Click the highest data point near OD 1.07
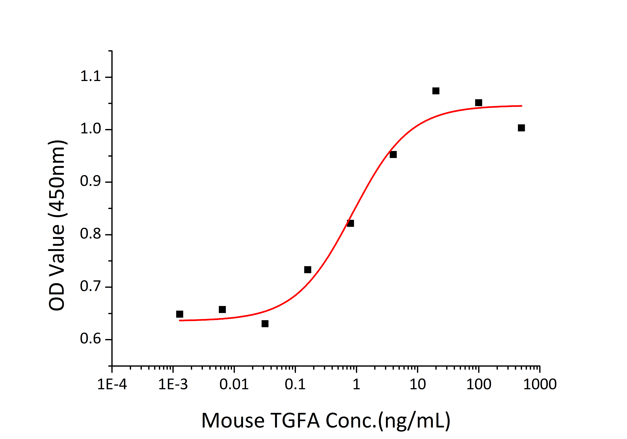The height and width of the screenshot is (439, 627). coord(436,91)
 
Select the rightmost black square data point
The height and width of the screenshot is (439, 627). coord(521,128)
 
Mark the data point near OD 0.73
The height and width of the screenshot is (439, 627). coord(308,270)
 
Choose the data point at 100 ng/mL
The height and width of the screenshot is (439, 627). coord(478,103)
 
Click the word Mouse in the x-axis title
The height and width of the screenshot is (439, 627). coord(233,420)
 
